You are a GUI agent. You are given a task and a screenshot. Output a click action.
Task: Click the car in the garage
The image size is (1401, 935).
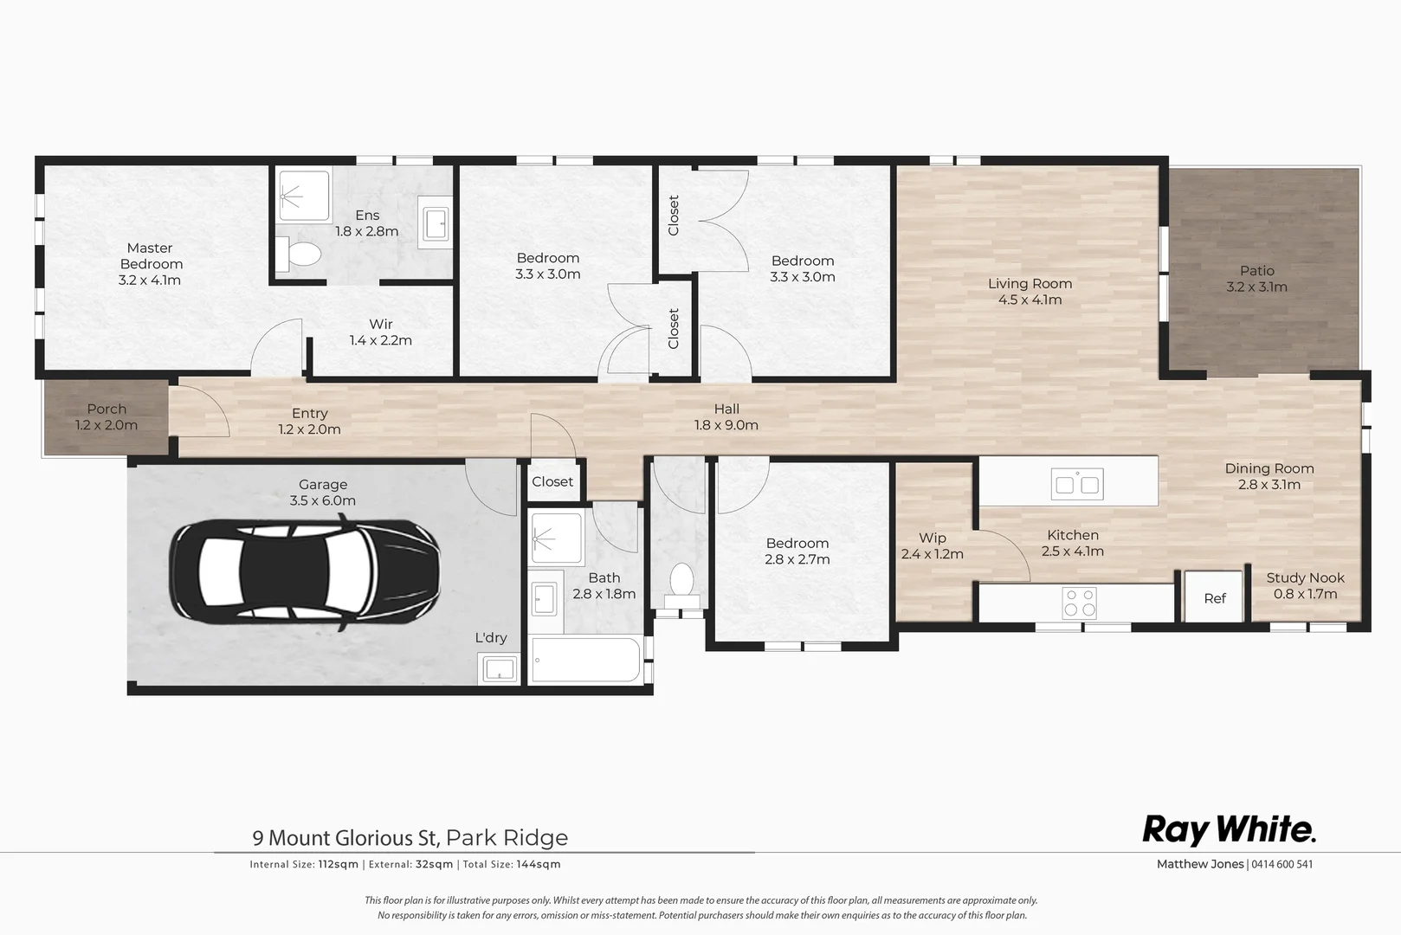coord(304,571)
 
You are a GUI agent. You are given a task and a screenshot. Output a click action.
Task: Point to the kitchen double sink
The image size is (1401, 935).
coord(1077,484)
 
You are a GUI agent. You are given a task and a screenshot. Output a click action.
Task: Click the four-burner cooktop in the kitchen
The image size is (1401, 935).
coord(1080,602)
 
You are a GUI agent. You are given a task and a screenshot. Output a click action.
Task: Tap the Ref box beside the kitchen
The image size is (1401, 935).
coord(1215,597)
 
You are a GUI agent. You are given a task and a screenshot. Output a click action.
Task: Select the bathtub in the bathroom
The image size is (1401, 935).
coord(585,660)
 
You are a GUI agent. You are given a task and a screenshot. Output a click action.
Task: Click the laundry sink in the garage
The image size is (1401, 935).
coord(500,668)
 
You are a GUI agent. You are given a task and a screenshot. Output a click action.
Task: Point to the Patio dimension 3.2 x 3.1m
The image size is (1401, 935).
coord(1256,287)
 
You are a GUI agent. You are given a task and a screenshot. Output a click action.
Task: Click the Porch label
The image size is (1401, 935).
coord(107,409)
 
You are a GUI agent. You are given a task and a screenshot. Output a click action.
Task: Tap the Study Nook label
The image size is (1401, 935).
coord(1305,577)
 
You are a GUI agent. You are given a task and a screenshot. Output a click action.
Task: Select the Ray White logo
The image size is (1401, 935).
coord(1229,829)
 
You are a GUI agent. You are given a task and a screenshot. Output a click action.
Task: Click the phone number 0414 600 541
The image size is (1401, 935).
coord(1282,864)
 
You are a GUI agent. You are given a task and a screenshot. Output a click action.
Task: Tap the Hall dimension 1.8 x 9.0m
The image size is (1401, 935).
coord(726,425)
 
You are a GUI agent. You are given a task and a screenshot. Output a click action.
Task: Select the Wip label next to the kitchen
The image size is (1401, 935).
coord(932,538)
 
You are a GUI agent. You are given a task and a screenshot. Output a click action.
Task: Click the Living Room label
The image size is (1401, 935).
coord(1030,283)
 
